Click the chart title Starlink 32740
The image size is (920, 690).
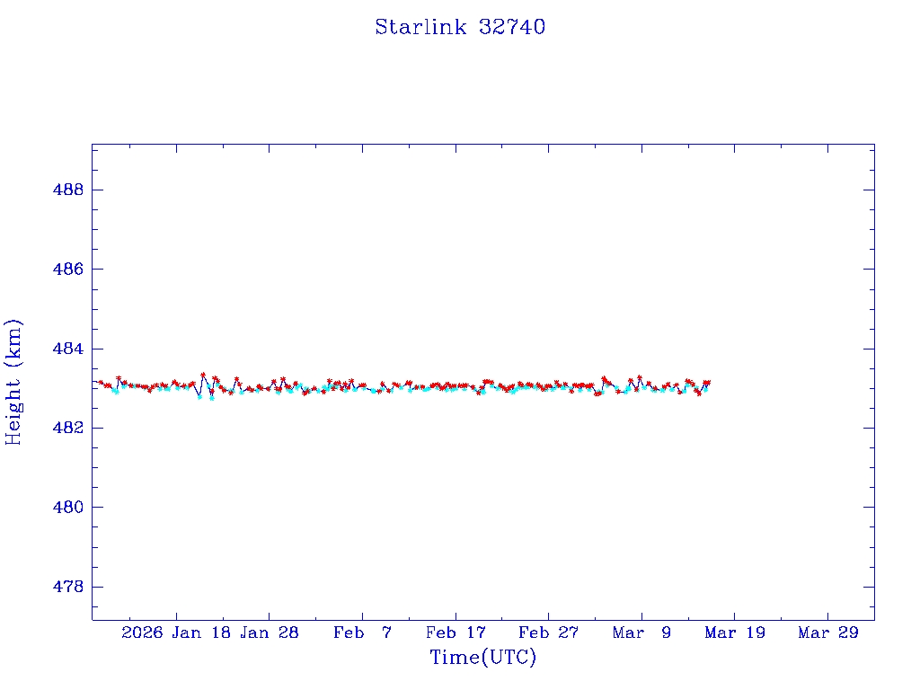click(x=460, y=27)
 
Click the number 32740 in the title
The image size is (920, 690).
click(x=511, y=27)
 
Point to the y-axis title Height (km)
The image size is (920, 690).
click(x=14, y=382)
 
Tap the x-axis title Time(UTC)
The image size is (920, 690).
click(x=482, y=658)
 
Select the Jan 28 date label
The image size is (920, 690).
click(x=269, y=632)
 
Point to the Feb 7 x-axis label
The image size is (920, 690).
click(x=362, y=632)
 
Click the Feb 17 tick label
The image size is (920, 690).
click(x=456, y=632)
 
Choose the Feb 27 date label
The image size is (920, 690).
click(x=548, y=632)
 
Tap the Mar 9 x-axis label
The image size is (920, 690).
click(x=641, y=632)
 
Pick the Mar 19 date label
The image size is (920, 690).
click(x=735, y=632)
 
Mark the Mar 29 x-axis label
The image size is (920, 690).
click(x=827, y=632)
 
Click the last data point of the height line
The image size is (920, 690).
click(x=708, y=383)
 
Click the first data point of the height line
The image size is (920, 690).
click(x=100, y=382)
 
